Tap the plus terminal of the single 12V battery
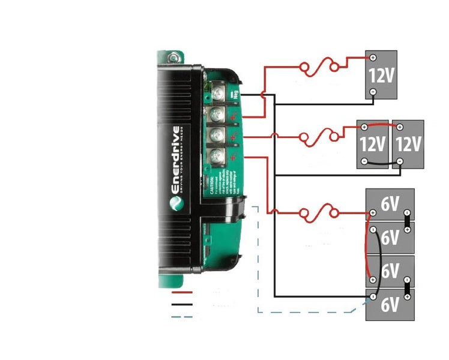click(x=373, y=58)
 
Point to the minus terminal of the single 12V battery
click(x=373, y=92)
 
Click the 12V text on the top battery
click(x=382, y=75)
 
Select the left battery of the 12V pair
click(x=373, y=145)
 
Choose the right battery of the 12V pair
click(x=408, y=145)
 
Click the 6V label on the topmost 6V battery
click(x=390, y=205)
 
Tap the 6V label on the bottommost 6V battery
click(x=390, y=305)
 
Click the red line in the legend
click(x=182, y=293)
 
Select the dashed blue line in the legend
click(x=182, y=316)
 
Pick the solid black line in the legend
click(x=182, y=305)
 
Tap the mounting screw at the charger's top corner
click(x=175, y=58)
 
